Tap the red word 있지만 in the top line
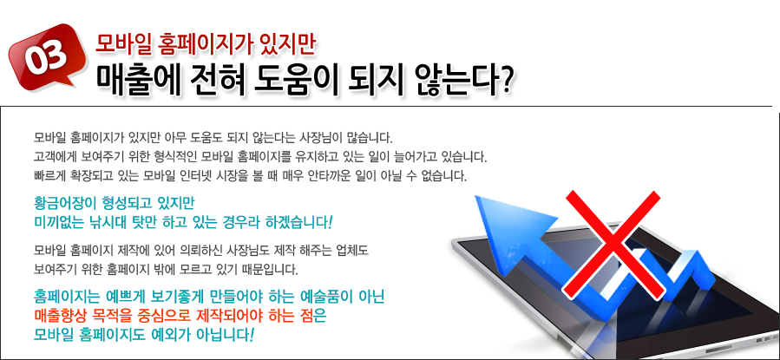288,44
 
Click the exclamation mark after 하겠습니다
330,222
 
